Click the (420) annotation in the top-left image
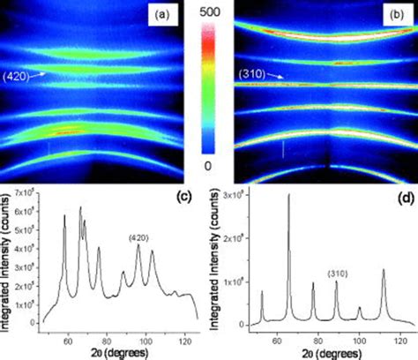pyautogui.click(x=19, y=76)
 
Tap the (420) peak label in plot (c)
pyautogui.click(x=138, y=236)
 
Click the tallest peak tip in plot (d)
pyautogui.click(x=288, y=195)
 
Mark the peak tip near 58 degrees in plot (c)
pyautogui.click(x=64, y=215)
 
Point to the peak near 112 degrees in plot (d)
pyautogui.click(x=384, y=270)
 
